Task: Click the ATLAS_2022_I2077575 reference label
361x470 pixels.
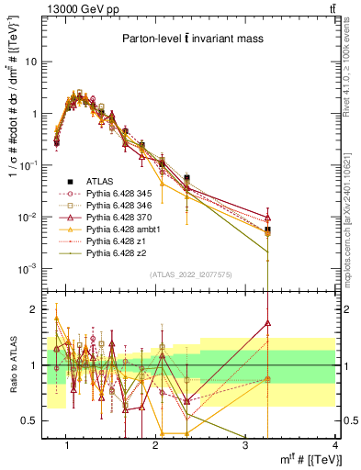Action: (190, 275)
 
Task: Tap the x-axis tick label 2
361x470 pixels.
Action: (156, 445)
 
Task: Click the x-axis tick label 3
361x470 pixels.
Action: (245, 445)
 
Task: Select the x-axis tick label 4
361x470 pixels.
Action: (334, 445)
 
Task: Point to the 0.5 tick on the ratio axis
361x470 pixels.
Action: (37, 420)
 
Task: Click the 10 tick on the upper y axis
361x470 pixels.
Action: (37, 62)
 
